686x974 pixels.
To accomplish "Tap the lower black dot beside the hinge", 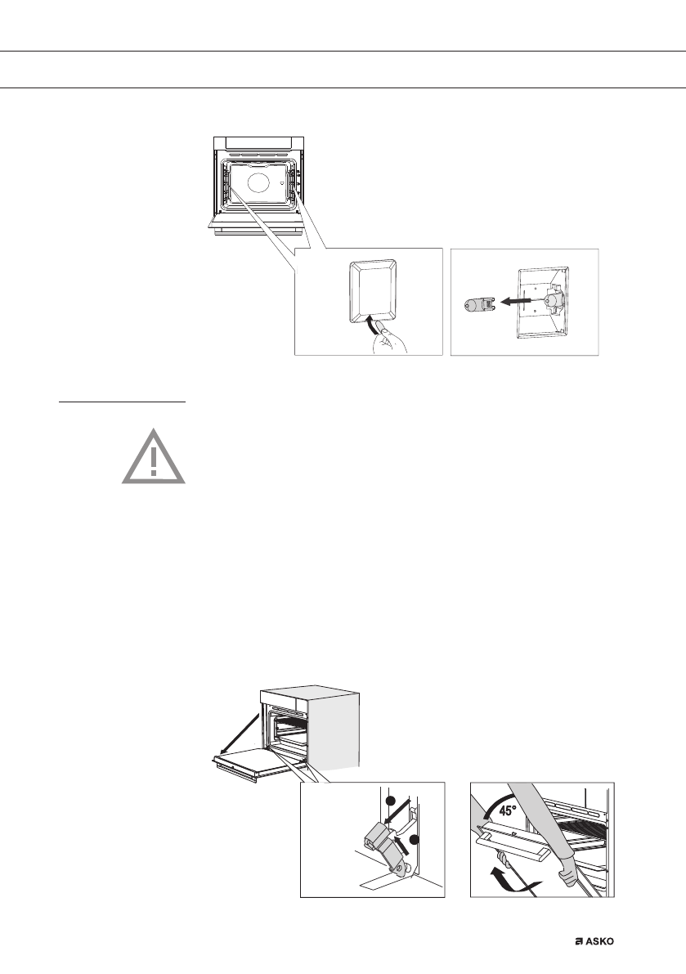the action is point(414,839).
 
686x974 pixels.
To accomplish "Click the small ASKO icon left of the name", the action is point(577,941).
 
